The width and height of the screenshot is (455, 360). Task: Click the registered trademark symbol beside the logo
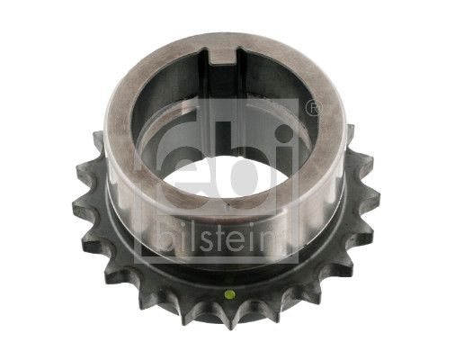click(x=312, y=108)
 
